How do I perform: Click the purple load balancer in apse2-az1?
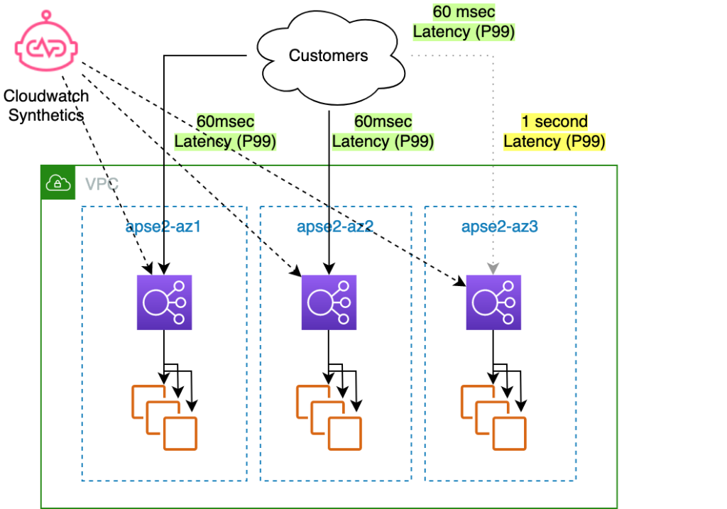click(165, 303)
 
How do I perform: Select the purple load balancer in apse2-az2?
click(329, 303)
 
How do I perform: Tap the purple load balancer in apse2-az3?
click(493, 303)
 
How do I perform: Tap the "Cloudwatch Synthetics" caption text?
click(46, 105)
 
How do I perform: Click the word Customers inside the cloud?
click(329, 55)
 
